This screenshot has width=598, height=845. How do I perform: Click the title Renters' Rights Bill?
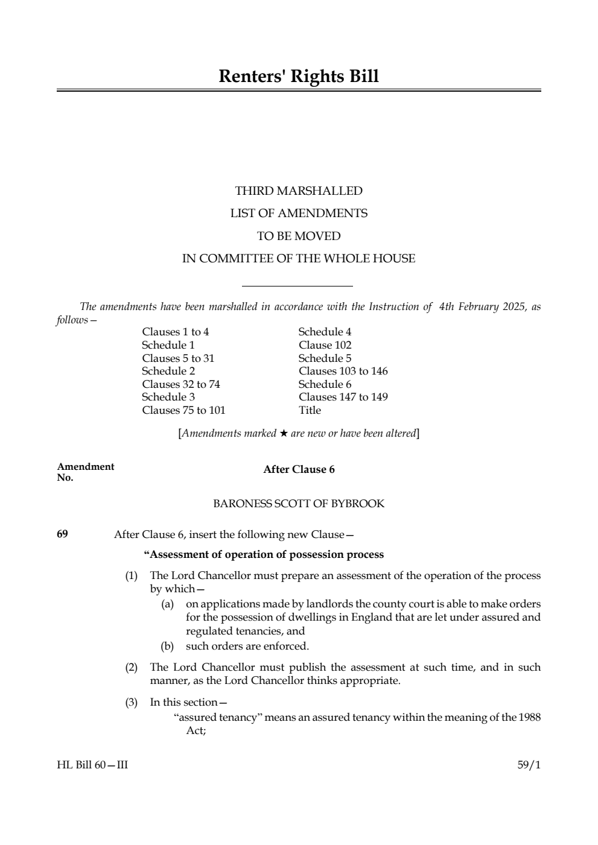(x=299, y=77)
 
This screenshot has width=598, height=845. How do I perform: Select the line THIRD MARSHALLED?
(x=299, y=191)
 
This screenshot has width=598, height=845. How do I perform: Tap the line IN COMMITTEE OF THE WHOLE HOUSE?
(x=299, y=259)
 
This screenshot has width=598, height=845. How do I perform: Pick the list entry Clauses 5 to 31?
(x=178, y=358)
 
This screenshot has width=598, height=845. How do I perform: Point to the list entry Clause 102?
(x=325, y=345)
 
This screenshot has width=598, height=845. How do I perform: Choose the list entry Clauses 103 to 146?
(x=343, y=371)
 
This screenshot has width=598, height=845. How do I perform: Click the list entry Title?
(x=310, y=410)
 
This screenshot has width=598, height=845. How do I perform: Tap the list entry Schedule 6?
(x=325, y=384)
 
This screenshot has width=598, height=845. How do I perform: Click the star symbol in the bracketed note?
(x=283, y=434)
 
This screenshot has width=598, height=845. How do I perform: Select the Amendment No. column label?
(x=85, y=472)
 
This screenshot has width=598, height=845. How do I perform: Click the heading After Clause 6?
(x=299, y=470)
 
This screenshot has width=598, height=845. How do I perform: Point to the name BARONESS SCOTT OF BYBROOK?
(x=299, y=504)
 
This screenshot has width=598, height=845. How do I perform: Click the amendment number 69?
(x=62, y=534)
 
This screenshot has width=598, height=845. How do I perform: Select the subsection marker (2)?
(x=132, y=667)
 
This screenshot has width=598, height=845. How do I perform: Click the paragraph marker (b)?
(x=167, y=646)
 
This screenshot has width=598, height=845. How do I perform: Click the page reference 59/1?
(x=529, y=765)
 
